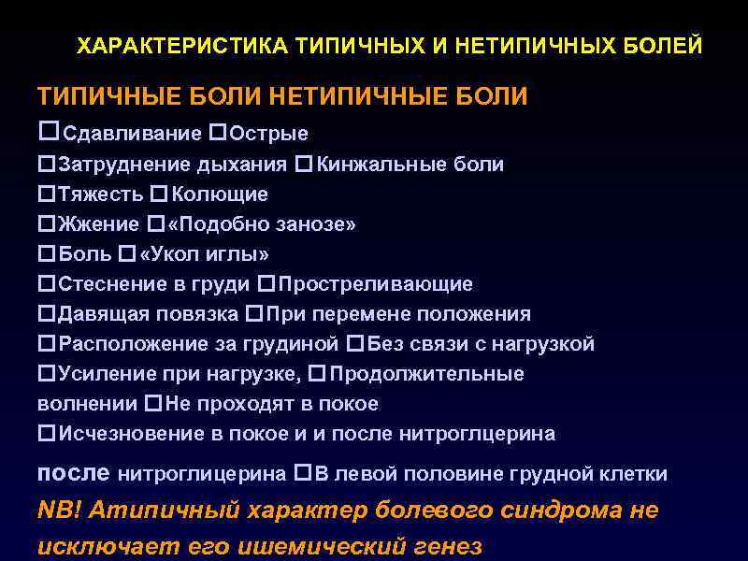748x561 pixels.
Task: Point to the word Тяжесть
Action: (101, 195)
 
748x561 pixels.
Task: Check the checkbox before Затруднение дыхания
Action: (45, 165)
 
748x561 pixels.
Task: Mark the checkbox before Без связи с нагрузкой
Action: (353, 344)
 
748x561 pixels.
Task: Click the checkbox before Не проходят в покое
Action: (153, 404)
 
